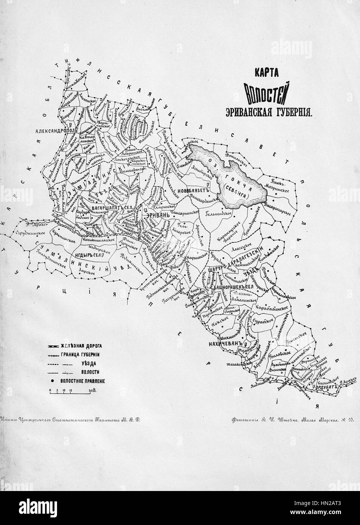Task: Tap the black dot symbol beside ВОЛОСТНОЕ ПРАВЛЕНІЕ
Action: point(50,381)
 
